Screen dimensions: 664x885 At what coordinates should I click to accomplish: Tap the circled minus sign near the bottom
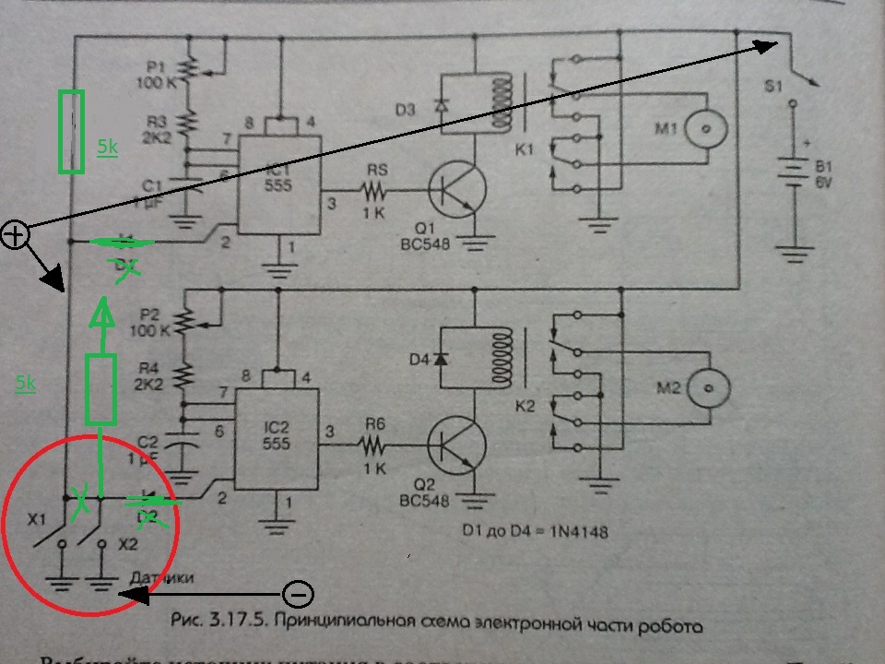point(297,593)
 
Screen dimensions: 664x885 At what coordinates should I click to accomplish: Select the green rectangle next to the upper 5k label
point(71,131)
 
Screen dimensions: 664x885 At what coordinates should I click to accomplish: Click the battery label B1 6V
point(821,173)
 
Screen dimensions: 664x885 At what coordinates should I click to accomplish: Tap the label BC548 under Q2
point(427,503)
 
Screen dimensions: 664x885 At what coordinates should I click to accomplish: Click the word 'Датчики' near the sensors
point(160,577)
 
